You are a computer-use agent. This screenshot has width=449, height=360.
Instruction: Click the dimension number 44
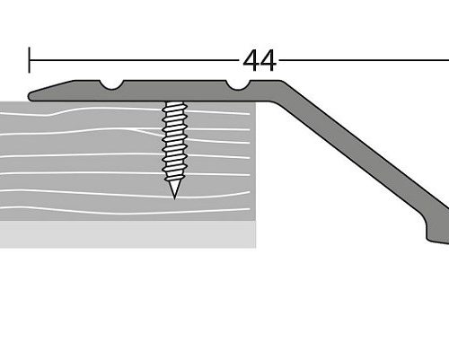[x=260, y=60]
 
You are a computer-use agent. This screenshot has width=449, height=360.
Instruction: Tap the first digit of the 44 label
[x=251, y=60]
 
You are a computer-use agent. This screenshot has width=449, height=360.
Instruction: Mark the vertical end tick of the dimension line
[x=30, y=60]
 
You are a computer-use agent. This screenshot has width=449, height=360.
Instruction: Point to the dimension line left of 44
[x=135, y=60]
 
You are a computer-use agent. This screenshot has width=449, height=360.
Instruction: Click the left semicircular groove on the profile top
[x=113, y=85]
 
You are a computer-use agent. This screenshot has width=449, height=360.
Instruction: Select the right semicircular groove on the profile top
[x=238, y=85]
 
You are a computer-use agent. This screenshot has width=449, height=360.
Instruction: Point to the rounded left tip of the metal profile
[x=32, y=94]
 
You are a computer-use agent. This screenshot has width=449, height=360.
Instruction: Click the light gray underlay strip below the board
[x=126, y=234]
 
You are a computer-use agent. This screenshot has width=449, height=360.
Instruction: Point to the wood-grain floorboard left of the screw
[x=81, y=162]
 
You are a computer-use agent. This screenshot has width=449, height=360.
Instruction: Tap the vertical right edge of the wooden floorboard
[x=256, y=162]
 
